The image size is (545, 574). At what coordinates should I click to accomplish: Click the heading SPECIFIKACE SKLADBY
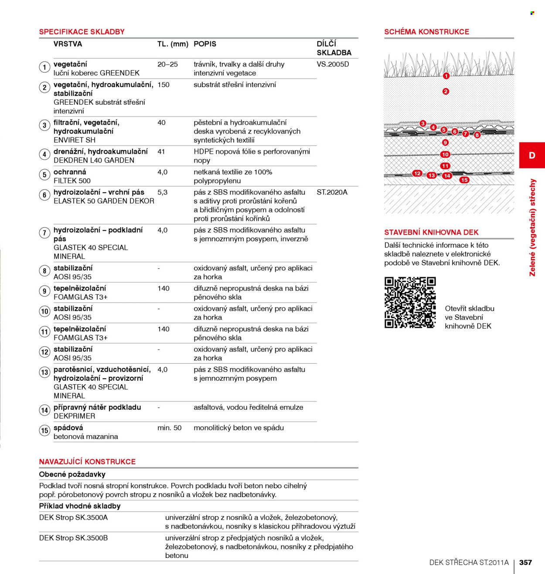click(82, 32)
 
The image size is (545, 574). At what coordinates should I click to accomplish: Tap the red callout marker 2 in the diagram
click(446, 92)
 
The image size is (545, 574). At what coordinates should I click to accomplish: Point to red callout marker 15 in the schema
click(464, 180)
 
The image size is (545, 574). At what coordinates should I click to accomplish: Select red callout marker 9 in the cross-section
click(445, 143)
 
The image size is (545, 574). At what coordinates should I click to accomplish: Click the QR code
click(410, 302)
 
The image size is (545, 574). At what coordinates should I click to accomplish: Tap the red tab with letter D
click(532, 155)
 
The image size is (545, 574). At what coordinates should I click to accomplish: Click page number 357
click(525, 562)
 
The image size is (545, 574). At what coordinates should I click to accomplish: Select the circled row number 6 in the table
click(44, 195)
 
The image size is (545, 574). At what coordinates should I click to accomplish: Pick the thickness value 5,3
click(163, 192)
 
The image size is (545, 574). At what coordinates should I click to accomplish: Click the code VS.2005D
click(333, 64)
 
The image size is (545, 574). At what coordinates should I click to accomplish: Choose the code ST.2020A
click(332, 192)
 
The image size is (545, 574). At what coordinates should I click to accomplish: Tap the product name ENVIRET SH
click(75, 140)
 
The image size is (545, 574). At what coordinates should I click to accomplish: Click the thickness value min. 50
click(169, 428)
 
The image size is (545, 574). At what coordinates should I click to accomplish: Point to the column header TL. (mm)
click(173, 44)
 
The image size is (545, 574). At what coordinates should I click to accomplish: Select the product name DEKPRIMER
click(75, 416)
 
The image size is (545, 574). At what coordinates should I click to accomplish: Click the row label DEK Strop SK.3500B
click(73, 538)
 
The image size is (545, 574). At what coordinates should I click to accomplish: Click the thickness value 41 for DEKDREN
click(161, 152)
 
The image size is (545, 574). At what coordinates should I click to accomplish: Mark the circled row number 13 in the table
click(44, 372)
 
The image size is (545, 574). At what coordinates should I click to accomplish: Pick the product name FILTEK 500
click(72, 181)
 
